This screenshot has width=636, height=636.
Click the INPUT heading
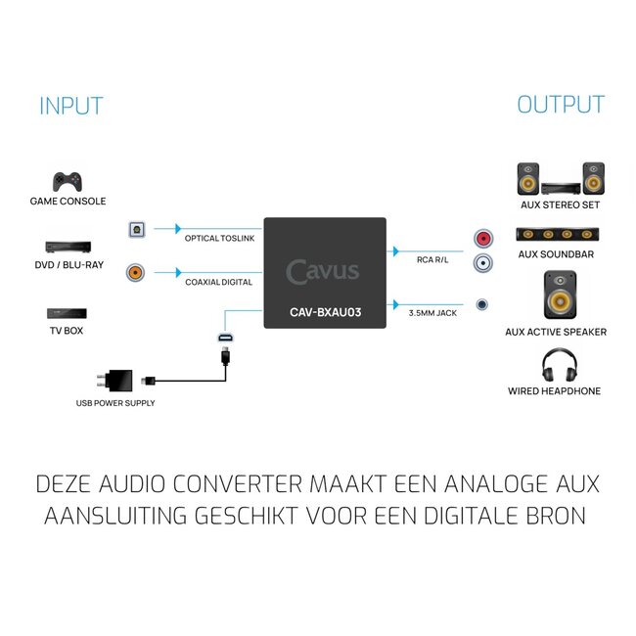click(x=70, y=106)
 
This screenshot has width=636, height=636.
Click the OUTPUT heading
click(x=561, y=105)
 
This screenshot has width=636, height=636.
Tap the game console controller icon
click(x=67, y=181)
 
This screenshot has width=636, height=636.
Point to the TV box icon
click(x=67, y=315)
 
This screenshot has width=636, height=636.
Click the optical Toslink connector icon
click(x=137, y=230)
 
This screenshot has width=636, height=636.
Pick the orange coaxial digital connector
click(x=137, y=273)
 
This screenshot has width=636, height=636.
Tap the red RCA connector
click(x=481, y=239)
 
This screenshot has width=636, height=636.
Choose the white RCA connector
click(x=481, y=262)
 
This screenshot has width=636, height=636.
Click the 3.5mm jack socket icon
click(x=481, y=304)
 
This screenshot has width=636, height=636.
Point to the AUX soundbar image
click(x=555, y=235)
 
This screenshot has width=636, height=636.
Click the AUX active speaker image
click(x=555, y=295)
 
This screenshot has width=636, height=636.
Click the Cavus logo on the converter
click(x=323, y=271)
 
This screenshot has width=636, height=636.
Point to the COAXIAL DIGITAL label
click(x=218, y=282)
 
